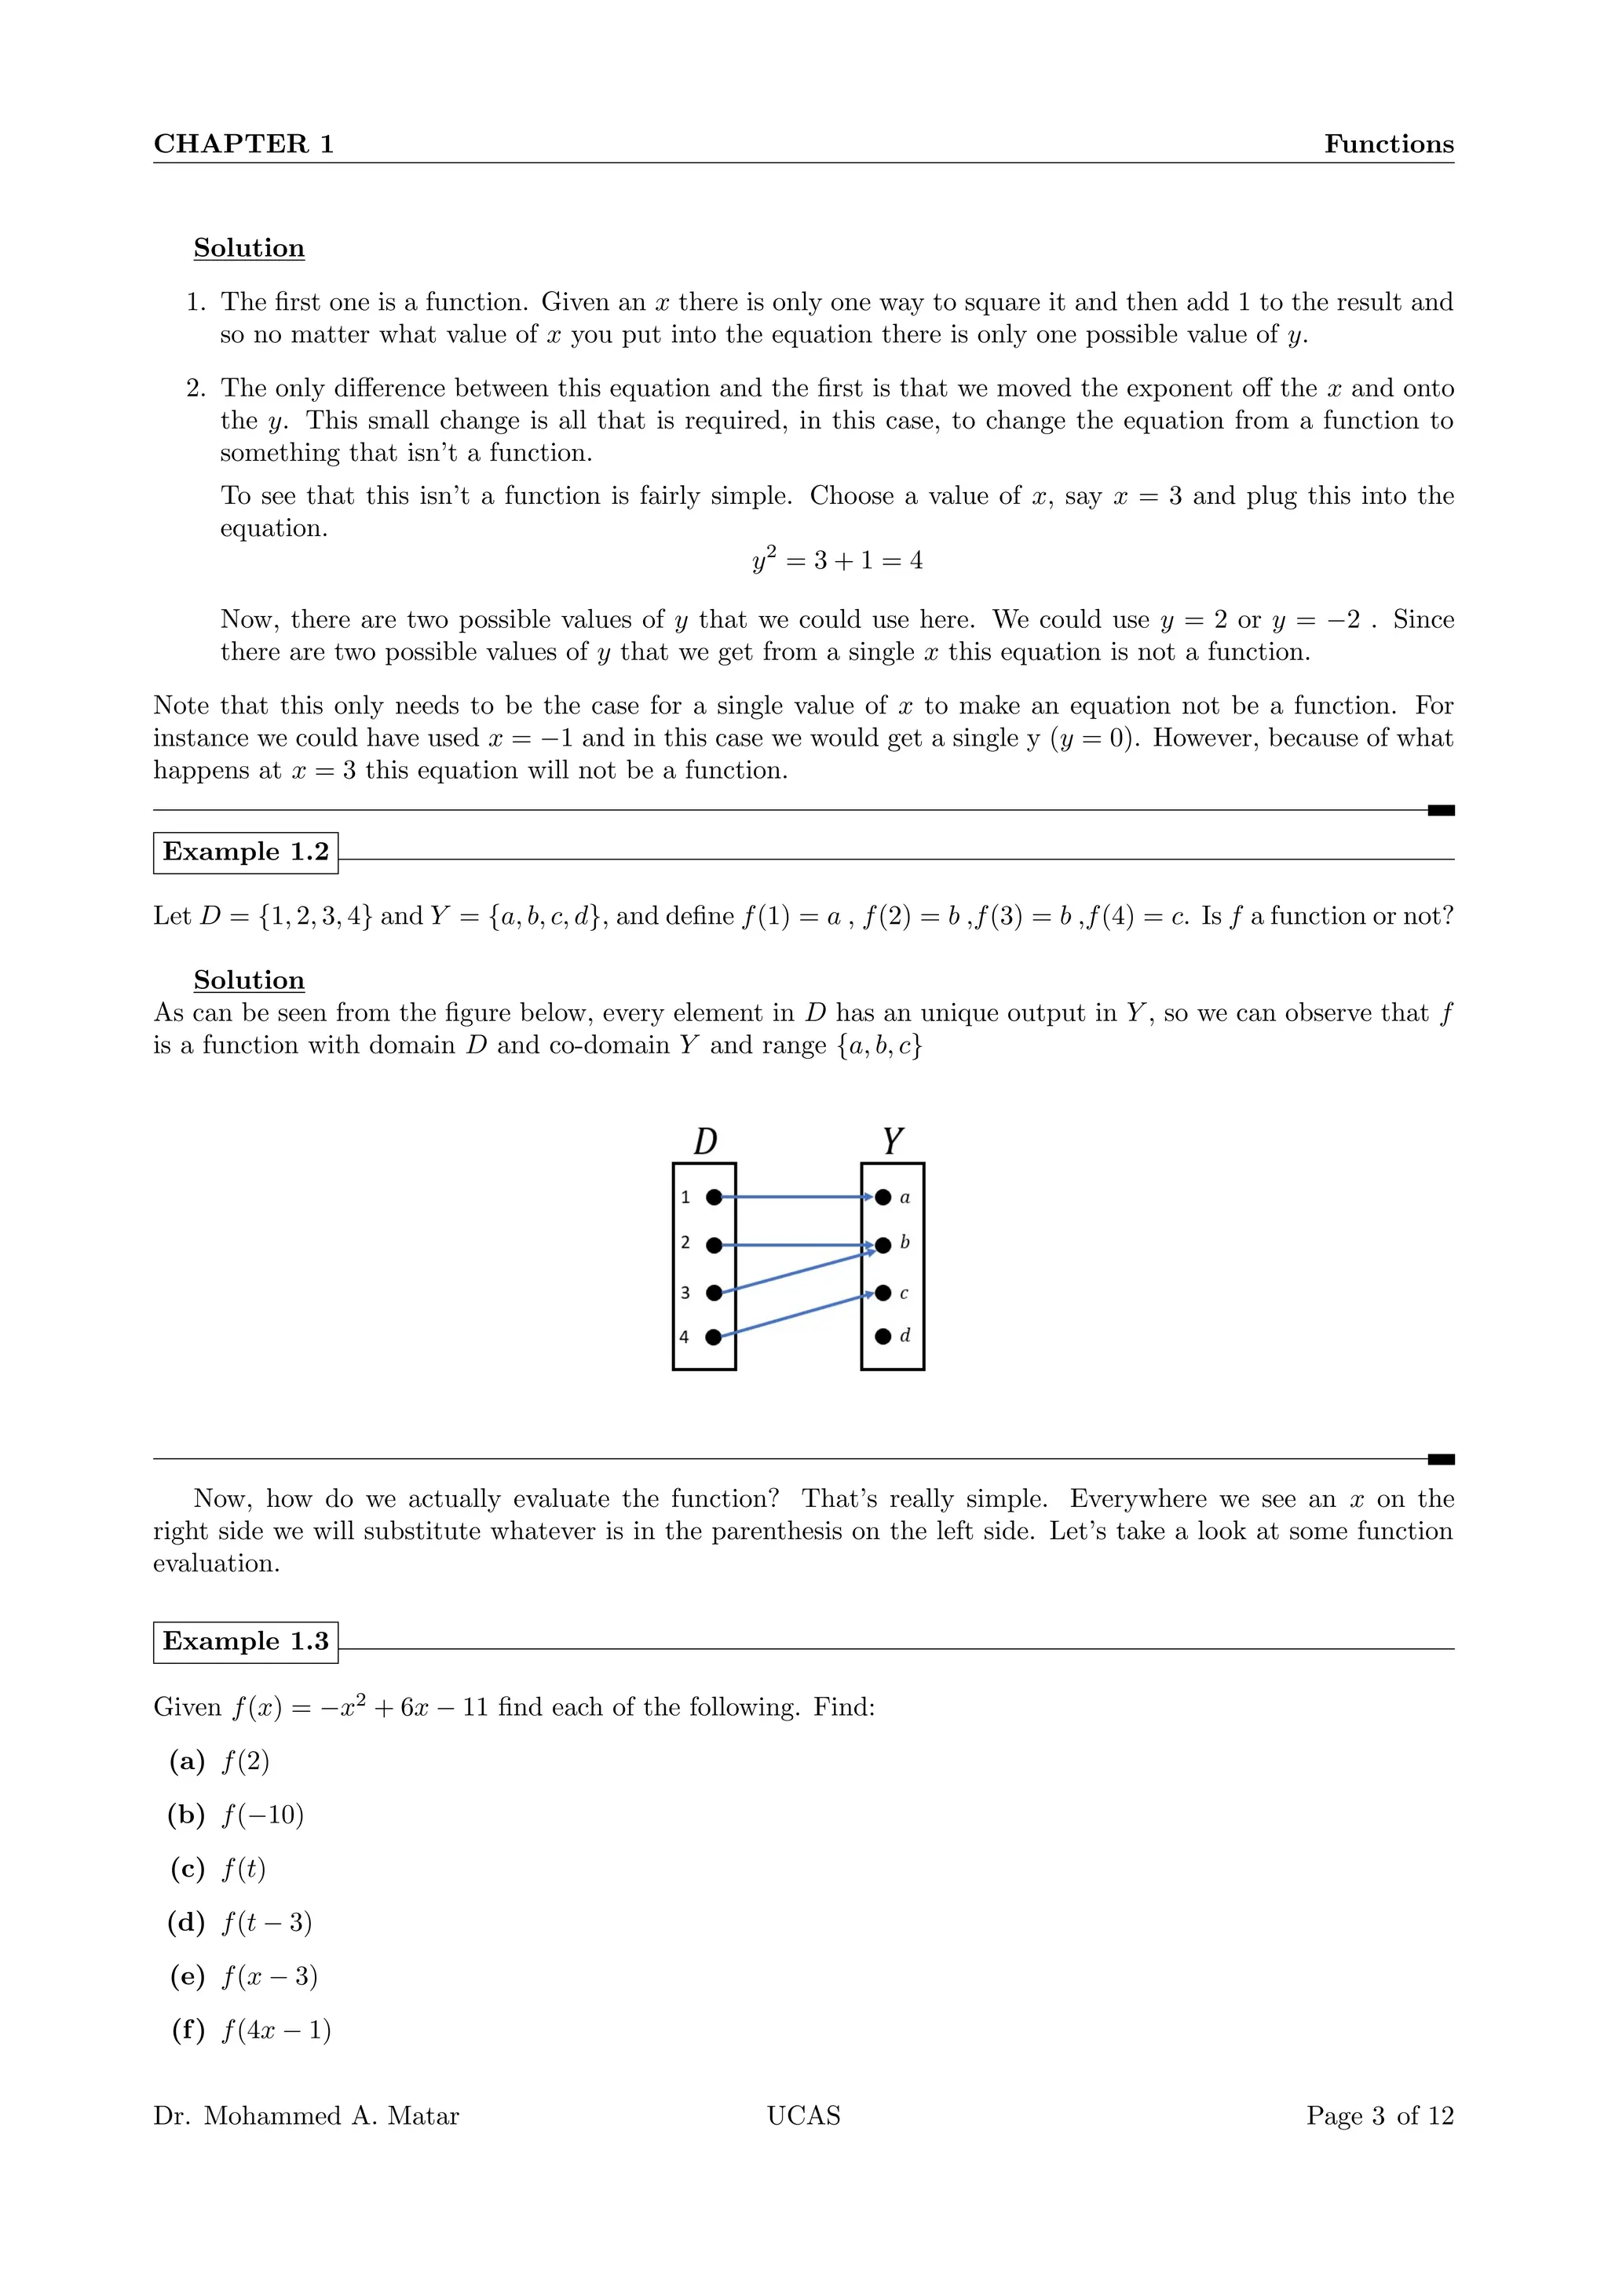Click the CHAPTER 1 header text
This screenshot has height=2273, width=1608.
(x=243, y=144)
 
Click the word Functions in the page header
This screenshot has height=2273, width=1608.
(x=1388, y=144)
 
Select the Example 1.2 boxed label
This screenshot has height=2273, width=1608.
(x=246, y=852)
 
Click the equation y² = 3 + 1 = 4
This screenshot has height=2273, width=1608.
(x=837, y=560)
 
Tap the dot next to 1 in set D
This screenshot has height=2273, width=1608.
(x=714, y=1197)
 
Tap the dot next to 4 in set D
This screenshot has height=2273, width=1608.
(x=713, y=1337)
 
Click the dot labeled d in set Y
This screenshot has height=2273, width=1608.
(x=883, y=1337)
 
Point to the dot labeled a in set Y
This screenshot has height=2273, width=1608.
(x=883, y=1197)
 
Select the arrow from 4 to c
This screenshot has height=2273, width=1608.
(x=797, y=1315)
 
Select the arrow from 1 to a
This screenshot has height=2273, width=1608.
(x=797, y=1197)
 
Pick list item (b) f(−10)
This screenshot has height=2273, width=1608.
(x=236, y=1815)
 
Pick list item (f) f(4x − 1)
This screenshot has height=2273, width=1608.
(x=251, y=2030)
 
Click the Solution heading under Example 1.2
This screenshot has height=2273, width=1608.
(x=250, y=980)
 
